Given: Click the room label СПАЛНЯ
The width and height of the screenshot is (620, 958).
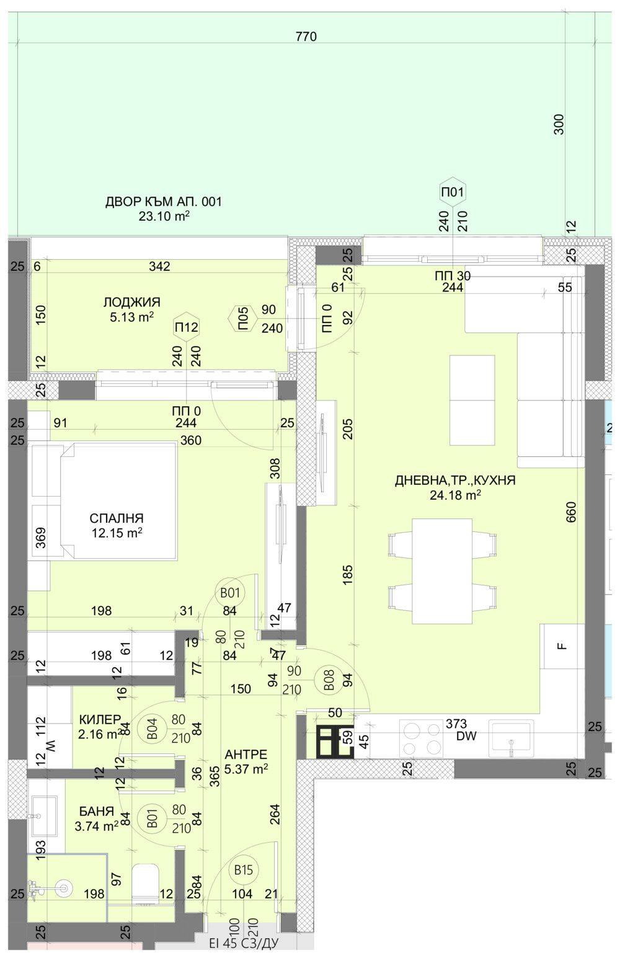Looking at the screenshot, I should coord(117,518).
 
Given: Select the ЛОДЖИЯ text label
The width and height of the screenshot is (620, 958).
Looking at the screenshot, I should coord(131,302).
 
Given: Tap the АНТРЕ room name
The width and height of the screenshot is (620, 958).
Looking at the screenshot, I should coord(246,755).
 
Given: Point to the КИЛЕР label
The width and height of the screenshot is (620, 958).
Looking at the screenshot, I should coord(100,719).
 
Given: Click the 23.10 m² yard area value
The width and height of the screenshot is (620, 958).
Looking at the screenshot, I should coord(164,216).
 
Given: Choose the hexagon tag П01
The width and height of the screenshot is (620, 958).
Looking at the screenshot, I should coord(452,192).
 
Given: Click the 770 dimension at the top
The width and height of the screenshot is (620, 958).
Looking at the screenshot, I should coord(306,37).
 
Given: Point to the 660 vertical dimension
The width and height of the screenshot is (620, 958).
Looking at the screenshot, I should coord(571,512).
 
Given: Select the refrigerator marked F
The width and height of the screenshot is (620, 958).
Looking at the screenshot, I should coord(562,646).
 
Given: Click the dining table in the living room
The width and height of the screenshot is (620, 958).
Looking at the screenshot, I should coord(442,570).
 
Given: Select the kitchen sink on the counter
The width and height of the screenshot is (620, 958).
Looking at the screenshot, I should coord(510,738).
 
